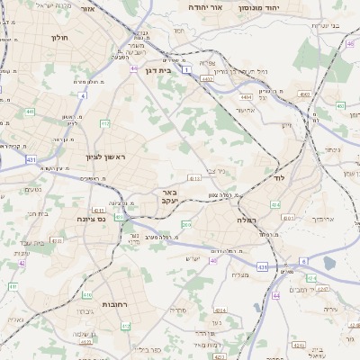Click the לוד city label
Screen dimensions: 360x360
click(x=278, y=180)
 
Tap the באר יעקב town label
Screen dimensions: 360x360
click(x=173, y=197)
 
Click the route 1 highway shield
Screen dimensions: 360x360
click(x=186, y=69)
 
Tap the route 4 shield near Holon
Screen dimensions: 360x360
click(x=82, y=94)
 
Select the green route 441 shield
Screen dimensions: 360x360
click(x=31, y=112)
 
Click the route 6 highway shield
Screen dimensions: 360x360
click(x=303, y=261)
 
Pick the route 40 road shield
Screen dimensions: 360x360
click(x=213, y=260)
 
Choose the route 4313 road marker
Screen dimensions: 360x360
click(x=194, y=178)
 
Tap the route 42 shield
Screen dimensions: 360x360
click(x=22, y=264)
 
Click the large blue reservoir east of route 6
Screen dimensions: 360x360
click(x=328, y=263)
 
